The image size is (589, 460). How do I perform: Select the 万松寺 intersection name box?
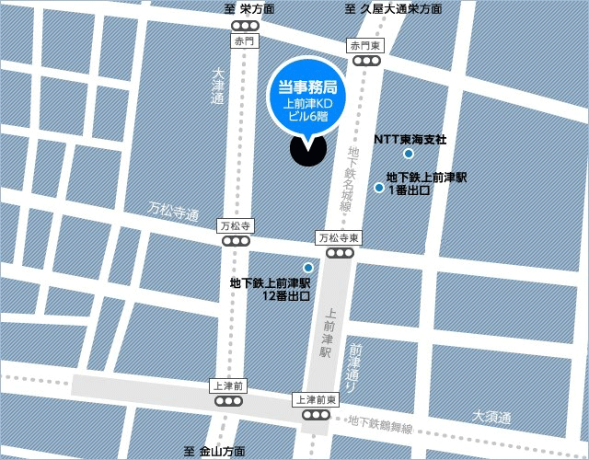(x=235, y=225)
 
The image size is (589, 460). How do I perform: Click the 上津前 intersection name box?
(x=226, y=385)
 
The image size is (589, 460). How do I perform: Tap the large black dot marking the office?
(x=306, y=150)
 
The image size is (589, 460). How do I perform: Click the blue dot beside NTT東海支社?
(x=409, y=154)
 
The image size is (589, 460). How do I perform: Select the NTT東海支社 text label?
(x=410, y=140)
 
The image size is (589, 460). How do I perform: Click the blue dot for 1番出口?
(x=378, y=188)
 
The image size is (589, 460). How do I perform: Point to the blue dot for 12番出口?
(x=294, y=267)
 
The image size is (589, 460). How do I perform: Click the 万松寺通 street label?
(x=173, y=213)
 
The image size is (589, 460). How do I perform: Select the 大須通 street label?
(x=491, y=417)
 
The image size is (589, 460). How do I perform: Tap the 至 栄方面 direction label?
(x=249, y=9)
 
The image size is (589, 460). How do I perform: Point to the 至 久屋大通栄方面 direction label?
(x=393, y=9)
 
